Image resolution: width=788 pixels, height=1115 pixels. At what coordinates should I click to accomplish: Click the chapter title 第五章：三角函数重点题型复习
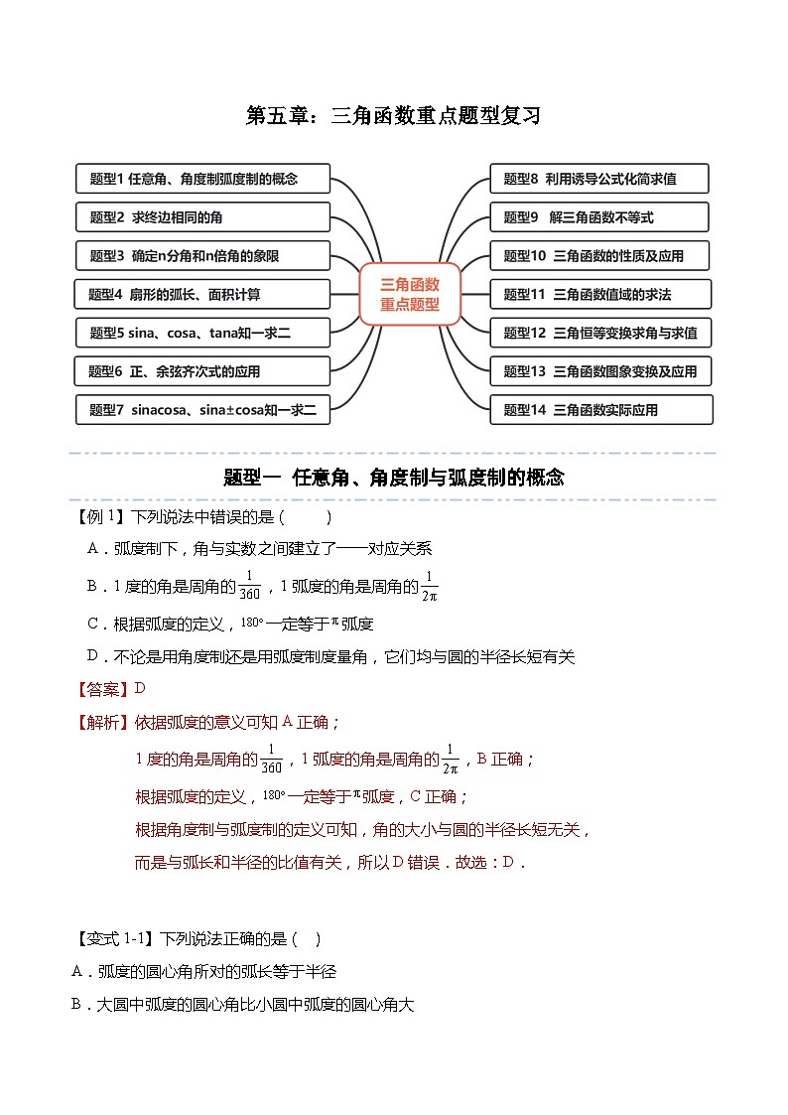click(x=393, y=116)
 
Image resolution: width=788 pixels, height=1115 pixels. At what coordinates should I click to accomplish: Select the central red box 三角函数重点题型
click(x=409, y=295)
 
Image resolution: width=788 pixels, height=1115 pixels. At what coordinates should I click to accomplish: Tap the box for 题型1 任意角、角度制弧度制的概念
click(x=202, y=179)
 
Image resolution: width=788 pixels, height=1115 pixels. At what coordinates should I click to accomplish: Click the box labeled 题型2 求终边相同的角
click(x=202, y=217)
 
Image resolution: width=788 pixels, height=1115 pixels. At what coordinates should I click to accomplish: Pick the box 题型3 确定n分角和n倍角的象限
click(x=202, y=255)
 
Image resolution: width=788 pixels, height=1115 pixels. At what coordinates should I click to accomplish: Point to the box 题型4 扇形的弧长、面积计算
click(x=201, y=294)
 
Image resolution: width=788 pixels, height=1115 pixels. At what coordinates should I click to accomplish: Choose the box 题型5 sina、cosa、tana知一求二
click(x=202, y=333)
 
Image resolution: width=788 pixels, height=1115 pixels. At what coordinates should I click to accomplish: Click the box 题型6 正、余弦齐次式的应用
click(x=201, y=371)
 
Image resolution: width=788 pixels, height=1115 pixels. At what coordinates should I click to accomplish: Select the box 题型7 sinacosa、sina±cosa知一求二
click(x=202, y=409)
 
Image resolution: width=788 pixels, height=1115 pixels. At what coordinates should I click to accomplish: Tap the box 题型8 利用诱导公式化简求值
click(x=599, y=179)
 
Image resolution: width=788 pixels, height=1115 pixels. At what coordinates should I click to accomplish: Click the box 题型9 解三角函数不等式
click(x=599, y=217)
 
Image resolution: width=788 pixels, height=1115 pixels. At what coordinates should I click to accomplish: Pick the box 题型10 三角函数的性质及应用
click(x=599, y=255)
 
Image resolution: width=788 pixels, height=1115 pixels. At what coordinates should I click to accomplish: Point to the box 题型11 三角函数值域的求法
click(x=599, y=294)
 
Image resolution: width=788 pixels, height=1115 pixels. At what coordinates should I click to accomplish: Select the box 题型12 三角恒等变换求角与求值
click(x=599, y=333)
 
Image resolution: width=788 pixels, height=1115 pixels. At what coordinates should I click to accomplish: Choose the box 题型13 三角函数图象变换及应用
click(x=599, y=371)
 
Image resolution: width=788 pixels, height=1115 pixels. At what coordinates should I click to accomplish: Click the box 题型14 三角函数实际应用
click(x=599, y=409)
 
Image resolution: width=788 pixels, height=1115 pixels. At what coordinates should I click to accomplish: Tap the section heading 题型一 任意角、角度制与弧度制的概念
click(x=394, y=478)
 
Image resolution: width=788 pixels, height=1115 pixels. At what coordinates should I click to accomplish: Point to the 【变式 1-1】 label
click(x=117, y=938)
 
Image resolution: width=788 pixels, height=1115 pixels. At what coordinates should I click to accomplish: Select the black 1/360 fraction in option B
click(x=248, y=587)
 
